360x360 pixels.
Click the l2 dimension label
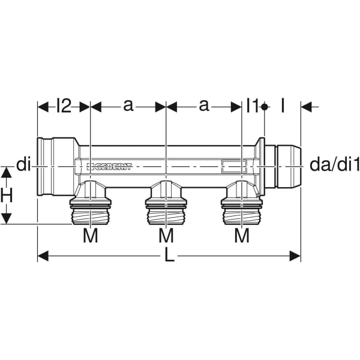tap(64, 106)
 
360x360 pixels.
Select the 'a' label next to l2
tap(128, 106)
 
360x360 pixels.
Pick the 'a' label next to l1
tap(204, 106)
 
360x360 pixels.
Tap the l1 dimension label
tap(251, 106)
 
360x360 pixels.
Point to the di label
tap(23, 164)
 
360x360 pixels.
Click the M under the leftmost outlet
tap(90, 236)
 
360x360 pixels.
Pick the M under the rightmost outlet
tap(241, 236)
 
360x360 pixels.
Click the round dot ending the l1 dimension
tap(265, 107)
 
